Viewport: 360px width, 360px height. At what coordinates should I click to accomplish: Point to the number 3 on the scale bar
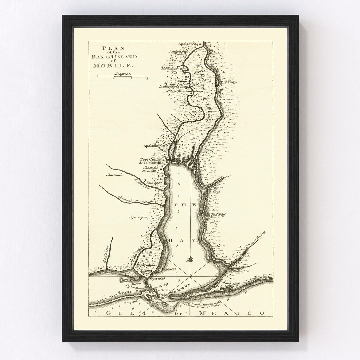tap(147, 79)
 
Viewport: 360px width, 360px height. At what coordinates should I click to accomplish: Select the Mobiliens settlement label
tap(169, 68)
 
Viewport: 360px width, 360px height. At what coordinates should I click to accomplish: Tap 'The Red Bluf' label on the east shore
tap(216, 215)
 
